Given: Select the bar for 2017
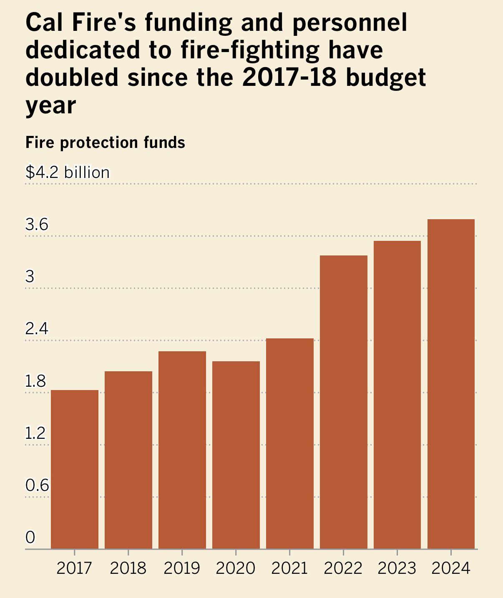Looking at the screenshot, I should coord(75,469).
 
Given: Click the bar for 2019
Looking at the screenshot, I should coord(182,450).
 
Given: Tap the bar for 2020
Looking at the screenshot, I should coord(236,455).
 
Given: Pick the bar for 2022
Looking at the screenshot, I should coord(344,402).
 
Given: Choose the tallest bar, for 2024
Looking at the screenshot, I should coord(451,384).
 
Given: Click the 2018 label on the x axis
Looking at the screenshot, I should coord(128,568).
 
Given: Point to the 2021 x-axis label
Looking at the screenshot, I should coord(289,568).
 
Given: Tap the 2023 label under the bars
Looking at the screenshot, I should coord(397,568).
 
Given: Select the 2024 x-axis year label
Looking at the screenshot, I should coord(451,568).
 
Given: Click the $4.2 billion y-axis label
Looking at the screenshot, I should coord(68,173).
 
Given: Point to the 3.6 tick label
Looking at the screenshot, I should coord(37,225).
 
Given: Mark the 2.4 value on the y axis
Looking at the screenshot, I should coord(37,329).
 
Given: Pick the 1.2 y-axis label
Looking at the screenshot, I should coord(35,434).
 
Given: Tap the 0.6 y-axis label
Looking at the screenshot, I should coord(37,486).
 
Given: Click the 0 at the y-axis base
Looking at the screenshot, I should coord(30,538).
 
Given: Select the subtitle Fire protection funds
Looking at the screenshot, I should coord(105,143).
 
